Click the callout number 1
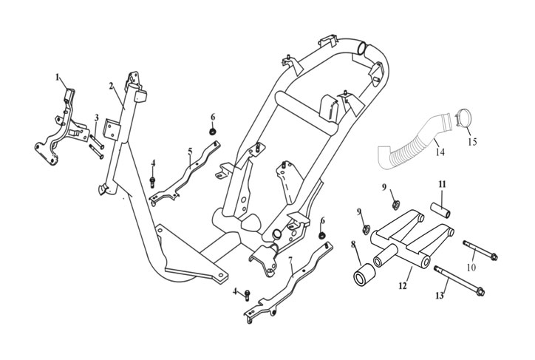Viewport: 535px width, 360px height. (56, 76)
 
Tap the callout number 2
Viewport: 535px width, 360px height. (111, 86)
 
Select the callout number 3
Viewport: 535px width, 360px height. (96, 118)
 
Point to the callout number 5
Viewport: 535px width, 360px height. (190, 152)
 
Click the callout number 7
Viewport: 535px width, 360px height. (290, 260)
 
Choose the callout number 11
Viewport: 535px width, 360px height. (442, 183)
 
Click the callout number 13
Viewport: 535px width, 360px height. (440, 296)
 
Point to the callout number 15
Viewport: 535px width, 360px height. (473, 140)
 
